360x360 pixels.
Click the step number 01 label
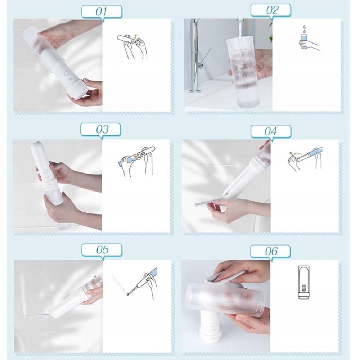(101, 12)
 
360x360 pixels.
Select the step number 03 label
(102, 130)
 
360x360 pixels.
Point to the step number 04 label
(271, 131)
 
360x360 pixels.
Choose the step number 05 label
(102, 249)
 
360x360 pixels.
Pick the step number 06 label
(271, 251)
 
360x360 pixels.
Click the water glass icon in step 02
(304, 41)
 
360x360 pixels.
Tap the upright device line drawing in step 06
(304, 282)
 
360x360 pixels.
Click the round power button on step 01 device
(67, 74)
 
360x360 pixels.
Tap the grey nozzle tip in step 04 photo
(197, 204)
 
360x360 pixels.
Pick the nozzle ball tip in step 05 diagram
(128, 294)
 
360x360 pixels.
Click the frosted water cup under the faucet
(243, 73)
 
